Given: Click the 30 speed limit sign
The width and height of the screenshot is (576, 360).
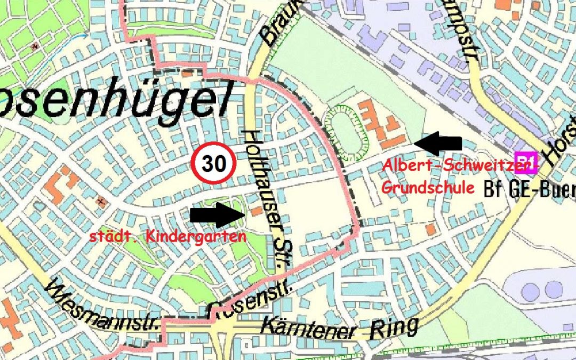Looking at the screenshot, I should point(214,164).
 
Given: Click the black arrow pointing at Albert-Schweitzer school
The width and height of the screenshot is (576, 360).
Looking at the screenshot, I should point(438,143).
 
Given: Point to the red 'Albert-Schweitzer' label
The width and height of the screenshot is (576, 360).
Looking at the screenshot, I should point(458,166).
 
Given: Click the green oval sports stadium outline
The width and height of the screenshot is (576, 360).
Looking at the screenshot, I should point(347,133).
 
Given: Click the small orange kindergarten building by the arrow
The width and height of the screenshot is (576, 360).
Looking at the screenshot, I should point(257,211).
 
